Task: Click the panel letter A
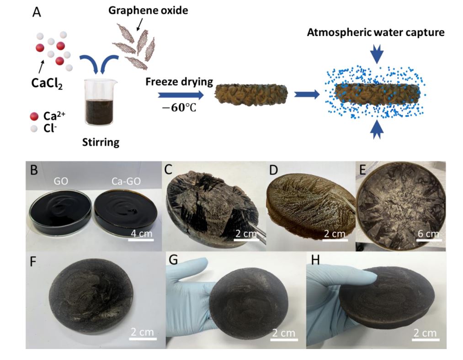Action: (37, 12)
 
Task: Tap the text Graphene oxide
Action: (148, 11)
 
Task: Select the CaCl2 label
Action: (47, 83)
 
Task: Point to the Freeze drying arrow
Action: (181, 95)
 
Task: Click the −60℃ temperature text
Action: (179, 108)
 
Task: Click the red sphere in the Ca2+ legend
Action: (34, 116)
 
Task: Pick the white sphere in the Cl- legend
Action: (34, 128)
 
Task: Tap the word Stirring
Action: (101, 142)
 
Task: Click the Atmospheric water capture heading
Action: (376, 32)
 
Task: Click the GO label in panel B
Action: (61, 181)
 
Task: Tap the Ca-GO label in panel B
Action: (126, 181)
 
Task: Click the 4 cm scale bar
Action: (141, 240)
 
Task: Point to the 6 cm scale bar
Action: (428, 240)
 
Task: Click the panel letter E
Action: (363, 170)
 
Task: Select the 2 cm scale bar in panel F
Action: (142, 339)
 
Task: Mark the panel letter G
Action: (173, 260)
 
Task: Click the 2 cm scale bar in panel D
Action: (335, 240)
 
